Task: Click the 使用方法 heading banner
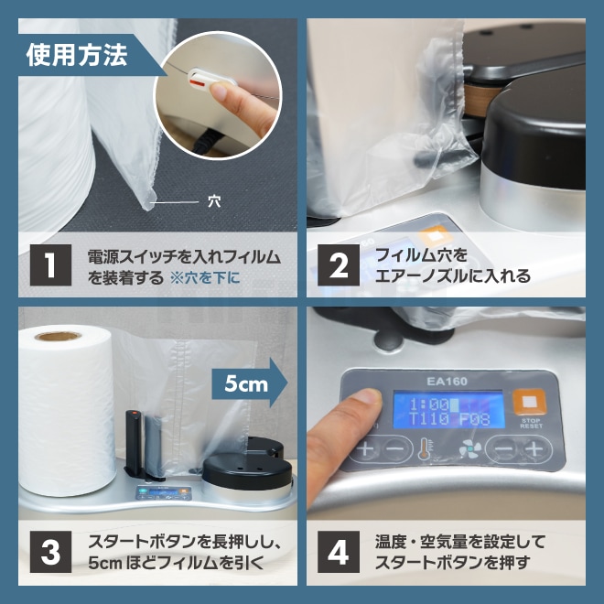[77, 56]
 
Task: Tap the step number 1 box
[50, 264]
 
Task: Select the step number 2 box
[339, 264]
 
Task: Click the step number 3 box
[50, 552]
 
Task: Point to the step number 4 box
[339, 552]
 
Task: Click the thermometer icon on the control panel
[425, 449]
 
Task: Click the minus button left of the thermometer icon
[394, 449]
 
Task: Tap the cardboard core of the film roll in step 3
[58, 336]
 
